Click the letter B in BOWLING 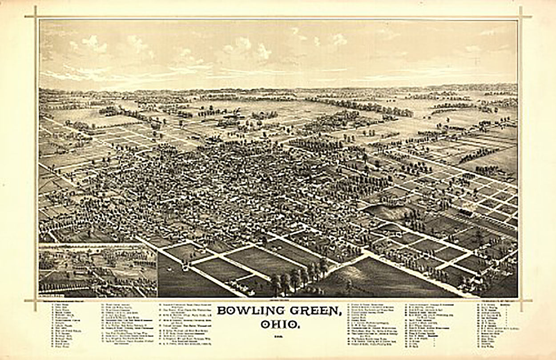point(221,310)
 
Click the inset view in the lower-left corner point(98,271)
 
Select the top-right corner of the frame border point(520,17)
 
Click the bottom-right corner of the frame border point(520,300)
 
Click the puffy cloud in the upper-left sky point(93,44)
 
